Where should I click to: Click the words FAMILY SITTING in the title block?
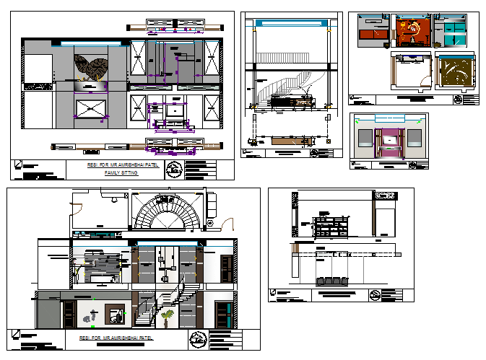121,174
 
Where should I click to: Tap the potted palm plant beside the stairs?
168,317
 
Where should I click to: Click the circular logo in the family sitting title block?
173,170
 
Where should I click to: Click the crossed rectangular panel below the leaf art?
92,110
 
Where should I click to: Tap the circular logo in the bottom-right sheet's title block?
375,294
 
